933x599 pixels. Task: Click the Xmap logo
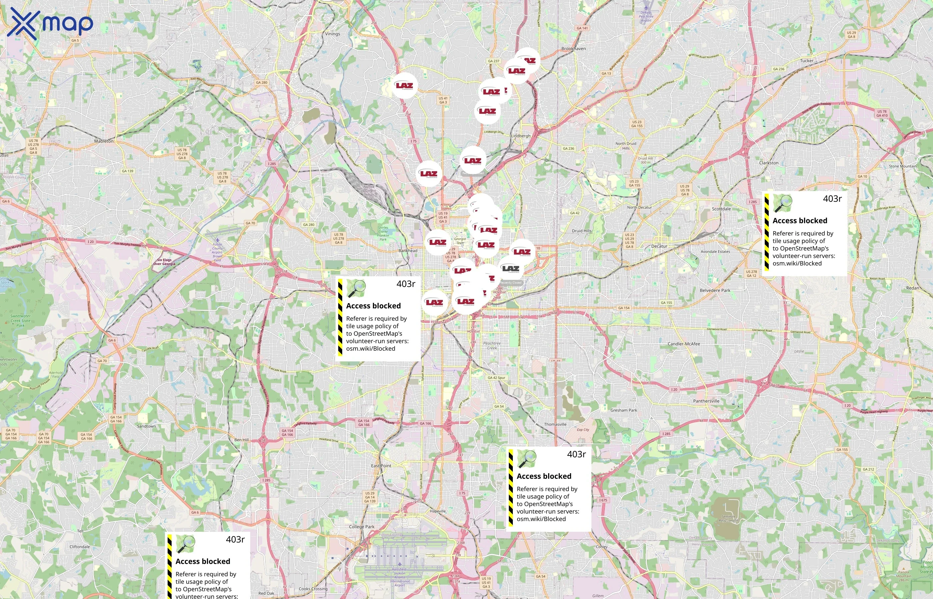pos(50,23)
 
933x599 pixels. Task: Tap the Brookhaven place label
pos(573,49)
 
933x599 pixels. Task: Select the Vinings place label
pos(333,34)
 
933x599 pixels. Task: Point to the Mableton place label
pos(104,141)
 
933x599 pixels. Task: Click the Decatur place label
pos(659,246)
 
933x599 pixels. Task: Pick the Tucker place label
pos(806,61)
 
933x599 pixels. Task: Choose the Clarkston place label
pos(769,163)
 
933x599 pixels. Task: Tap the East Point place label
pos(381,466)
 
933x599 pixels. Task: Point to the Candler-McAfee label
pos(683,344)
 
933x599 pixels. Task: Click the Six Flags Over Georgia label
pos(164,262)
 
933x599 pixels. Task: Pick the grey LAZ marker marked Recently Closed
pos(510,269)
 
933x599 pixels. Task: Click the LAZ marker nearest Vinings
pos(404,86)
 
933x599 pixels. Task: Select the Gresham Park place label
pos(623,410)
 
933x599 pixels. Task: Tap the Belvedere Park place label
pos(715,290)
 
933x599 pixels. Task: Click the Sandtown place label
pos(146,426)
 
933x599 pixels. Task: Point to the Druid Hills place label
pos(581,231)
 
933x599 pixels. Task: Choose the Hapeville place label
pos(438,511)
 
